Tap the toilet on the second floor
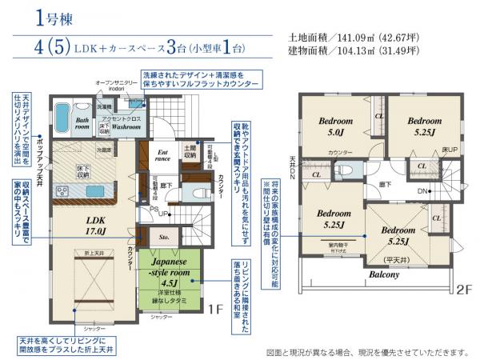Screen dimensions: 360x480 click(x=344, y=170)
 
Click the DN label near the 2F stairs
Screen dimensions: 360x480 click(x=422, y=192)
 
